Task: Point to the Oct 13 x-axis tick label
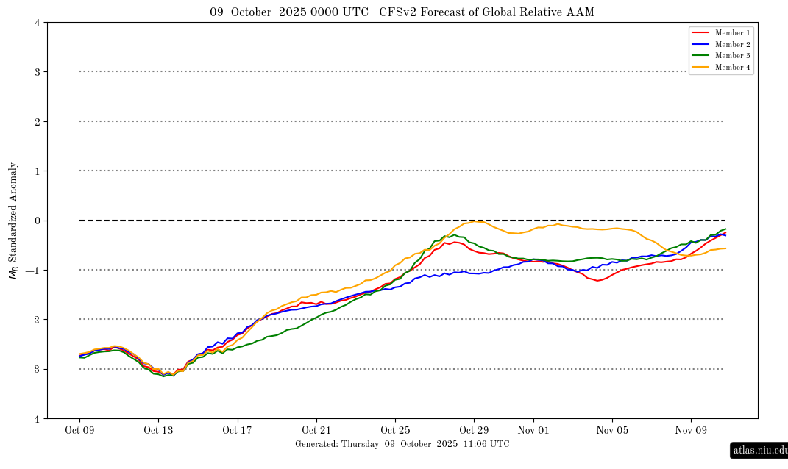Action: coord(158,431)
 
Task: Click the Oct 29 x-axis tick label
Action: coord(474,431)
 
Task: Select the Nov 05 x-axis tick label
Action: coord(612,431)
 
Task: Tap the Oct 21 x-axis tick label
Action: coord(316,431)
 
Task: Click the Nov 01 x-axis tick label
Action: coord(533,431)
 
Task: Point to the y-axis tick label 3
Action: coord(37,72)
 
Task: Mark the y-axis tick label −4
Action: coord(34,419)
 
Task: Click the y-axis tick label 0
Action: coord(37,221)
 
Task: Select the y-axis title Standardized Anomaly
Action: coord(13,221)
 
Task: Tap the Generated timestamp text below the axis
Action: coord(402,444)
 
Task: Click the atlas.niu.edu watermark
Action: coord(759,451)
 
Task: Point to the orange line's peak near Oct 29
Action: coord(478,221)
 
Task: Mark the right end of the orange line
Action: coord(725,248)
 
